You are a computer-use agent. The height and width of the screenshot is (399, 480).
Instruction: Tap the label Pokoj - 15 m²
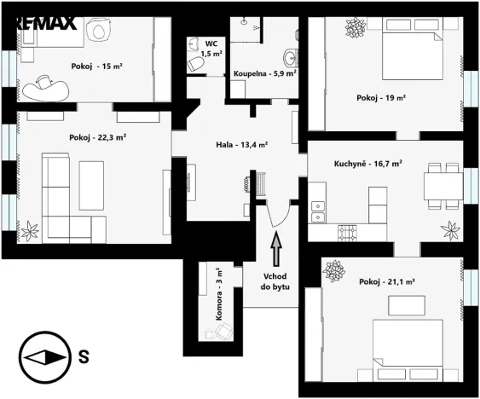(97, 66)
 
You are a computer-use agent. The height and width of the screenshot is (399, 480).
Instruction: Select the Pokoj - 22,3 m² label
(98, 136)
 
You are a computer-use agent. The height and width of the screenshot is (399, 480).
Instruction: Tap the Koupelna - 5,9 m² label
(265, 74)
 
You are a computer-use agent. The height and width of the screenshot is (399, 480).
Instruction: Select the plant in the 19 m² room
(354, 28)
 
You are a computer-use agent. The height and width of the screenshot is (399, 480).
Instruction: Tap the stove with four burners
(346, 231)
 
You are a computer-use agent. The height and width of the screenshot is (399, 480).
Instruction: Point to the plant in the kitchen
(449, 228)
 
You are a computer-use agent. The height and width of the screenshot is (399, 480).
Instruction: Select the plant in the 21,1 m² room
(333, 272)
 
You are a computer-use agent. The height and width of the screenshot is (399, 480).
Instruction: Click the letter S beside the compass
(83, 357)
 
